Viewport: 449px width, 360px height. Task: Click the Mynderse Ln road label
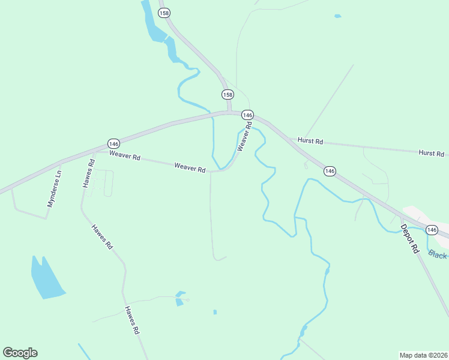pyautogui.click(x=55, y=189)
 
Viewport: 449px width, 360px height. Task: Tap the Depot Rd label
pyautogui.click(x=409, y=239)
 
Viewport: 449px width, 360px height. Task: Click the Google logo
pyautogui.click(x=20, y=352)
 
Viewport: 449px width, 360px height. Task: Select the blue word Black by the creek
pyautogui.click(x=438, y=255)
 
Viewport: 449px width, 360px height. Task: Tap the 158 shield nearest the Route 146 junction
pyautogui.click(x=228, y=94)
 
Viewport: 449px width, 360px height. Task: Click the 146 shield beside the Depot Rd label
pyautogui.click(x=432, y=230)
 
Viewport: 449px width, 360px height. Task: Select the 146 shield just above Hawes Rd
pyautogui.click(x=114, y=143)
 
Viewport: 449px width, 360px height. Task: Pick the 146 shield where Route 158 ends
pyautogui.click(x=247, y=115)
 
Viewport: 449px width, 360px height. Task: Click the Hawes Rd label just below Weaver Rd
pyautogui.click(x=88, y=173)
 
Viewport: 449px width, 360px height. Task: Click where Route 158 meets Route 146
pyautogui.click(x=229, y=112)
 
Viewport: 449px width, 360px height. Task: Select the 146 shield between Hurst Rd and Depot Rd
pyautogui.click(x=330, y=171)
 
